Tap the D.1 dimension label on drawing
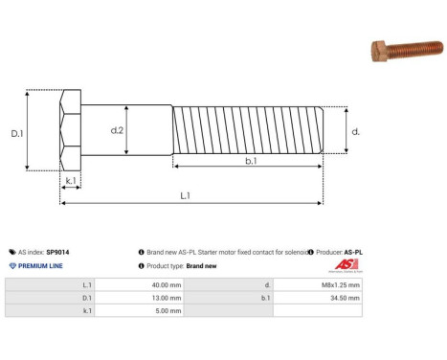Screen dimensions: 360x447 17,134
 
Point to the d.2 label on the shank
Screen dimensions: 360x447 118,130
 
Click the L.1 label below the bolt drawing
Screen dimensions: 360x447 185,196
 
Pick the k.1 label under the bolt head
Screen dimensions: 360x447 70,179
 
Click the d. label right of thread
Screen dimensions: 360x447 355,131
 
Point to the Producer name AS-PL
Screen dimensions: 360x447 352,252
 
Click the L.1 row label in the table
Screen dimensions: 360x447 87,284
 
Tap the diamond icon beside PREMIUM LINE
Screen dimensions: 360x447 11,265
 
